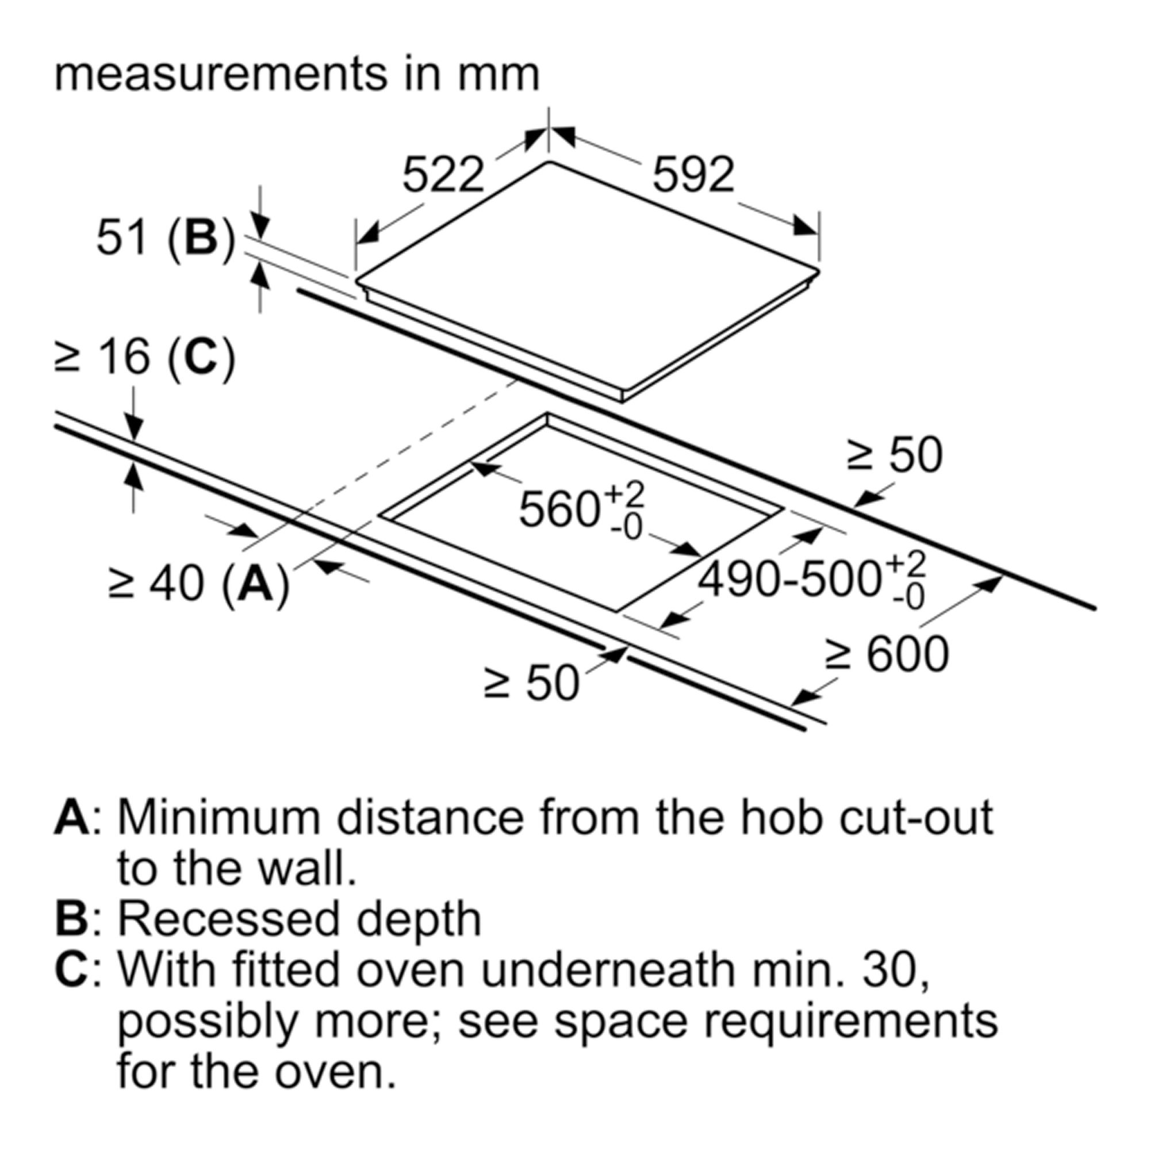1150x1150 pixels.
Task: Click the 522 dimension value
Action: [443, 175]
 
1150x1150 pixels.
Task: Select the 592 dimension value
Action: [694, 175]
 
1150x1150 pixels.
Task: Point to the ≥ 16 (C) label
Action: [145, 358]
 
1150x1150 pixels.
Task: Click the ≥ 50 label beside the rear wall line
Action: [895, 455]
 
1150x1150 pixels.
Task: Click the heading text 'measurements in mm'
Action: [297, 74]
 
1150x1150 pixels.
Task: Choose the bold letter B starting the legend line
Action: [71, 919]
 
